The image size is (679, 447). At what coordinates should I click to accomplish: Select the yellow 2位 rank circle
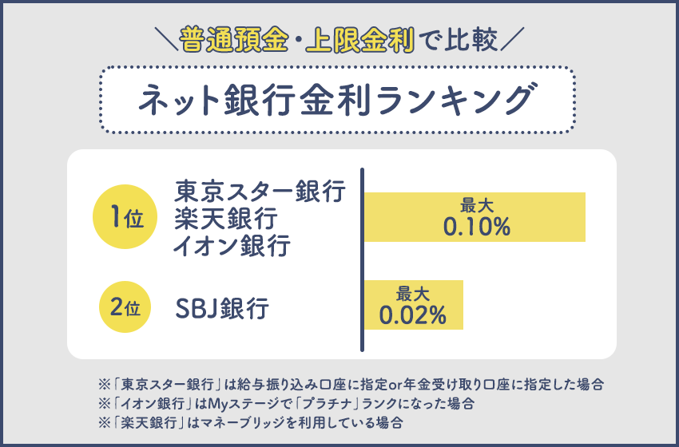coord(125,305)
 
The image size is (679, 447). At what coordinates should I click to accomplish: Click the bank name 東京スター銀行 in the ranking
coord(260,192)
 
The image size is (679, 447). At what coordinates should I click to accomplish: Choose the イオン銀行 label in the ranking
coord(232,245)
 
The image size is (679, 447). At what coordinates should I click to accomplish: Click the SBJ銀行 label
coord(221,306)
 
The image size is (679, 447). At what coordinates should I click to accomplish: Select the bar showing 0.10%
coord(475,217)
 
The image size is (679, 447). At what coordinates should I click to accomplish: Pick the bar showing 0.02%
coord(414,305)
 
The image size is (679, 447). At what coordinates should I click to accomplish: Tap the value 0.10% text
coord(477,227)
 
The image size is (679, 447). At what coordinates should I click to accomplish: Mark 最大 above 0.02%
coord(413,292)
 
